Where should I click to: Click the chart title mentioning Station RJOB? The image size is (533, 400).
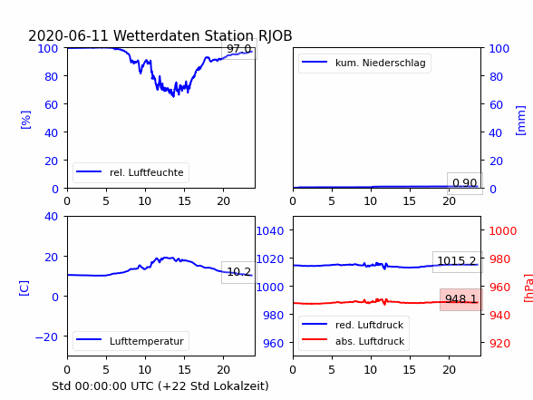pyautogui.click(x=160, y=35)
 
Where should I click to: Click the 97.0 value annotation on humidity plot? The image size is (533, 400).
pyautogui.click(x=239, y=49)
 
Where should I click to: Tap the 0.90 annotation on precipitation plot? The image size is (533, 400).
pyautogui.click(x=465, y=183)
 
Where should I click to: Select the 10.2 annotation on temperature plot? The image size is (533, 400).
pyautogui.click(x=239, y=272)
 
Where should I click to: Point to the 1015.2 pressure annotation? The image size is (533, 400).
pyautogui.click(x=457, y=261)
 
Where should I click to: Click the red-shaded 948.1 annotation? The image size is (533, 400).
pyautogui.click(x=460, y=299)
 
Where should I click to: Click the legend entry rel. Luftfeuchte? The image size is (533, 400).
pyautogui.click(x=131, y=172)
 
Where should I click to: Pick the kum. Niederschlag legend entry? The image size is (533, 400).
pyautogui.click(x=364, y=63)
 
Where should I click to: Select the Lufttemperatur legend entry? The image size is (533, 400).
pyautogui.click(x=131, y=341)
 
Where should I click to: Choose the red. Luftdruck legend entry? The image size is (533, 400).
pyautogui.click(x=353, y=325)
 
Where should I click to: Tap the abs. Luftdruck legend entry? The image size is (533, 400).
pyautogui.click(x=354, y=341)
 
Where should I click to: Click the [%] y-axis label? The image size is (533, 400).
pyautogui.click(x=25, y=120)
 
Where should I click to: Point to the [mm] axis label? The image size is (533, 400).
pyautogui.click(x=520, y=121)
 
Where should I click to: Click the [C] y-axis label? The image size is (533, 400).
pyautogui.click(x=24, y=288)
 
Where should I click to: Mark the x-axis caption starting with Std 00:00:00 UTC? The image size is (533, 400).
pyautogui.click(x=160, y=386)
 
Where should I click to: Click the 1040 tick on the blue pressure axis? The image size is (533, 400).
pyautogui.click(x=269, y=231)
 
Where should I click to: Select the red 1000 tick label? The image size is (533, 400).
pyautogui.click(x=503, y=231)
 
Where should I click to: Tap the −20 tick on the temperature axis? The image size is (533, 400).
pyautogui.click(x=46, y=337)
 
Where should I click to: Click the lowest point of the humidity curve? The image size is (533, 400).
pyautogui.click(x=174, y=96)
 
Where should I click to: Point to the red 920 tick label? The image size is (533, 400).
pyautogui.click(x=499, y=343)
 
